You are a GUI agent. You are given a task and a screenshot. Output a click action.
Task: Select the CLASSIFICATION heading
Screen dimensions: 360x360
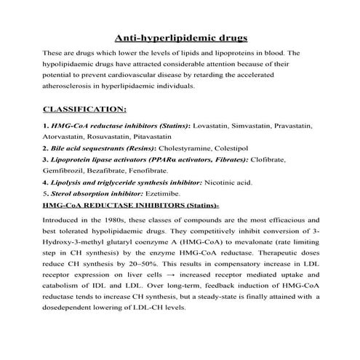coord(85,111)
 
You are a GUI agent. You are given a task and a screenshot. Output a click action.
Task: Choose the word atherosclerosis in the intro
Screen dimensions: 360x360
coord(73,85)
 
